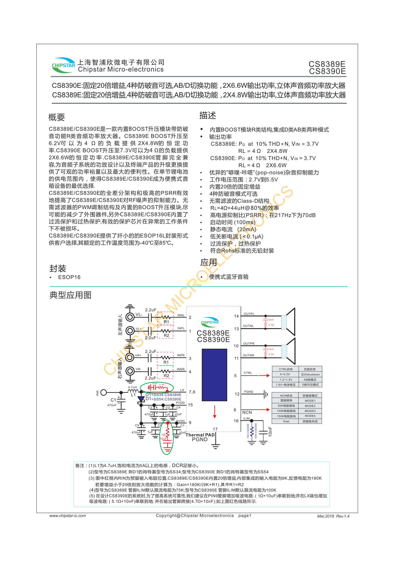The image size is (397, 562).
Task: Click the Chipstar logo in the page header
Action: [x=63, y=65]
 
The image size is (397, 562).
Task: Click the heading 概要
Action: [x=57, y=117]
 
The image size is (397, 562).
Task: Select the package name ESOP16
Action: [x=69, y=277]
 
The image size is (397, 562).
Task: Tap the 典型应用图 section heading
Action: [x=70, y=295]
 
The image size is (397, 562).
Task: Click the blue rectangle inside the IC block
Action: [x=214, y=375]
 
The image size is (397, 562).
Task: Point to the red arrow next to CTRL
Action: [x=264, y=376]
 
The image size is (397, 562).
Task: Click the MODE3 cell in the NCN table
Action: [x=310, y=411]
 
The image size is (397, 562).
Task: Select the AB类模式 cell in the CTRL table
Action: [x=310, y=380]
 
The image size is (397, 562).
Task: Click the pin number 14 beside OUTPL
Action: [x=236, y=316]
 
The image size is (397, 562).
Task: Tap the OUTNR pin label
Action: [x=248, y=355]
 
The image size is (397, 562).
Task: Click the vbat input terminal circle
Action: [x=104, y=392]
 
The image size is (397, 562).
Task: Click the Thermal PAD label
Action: [x=200, y=435]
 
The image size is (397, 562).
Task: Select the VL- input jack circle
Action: [x=130, y=317]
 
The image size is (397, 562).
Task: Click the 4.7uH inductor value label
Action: [x=132, y=387]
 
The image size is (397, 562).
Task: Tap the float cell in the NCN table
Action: [x=286, y=421]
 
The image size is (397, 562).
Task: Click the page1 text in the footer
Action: [x=245, y=516]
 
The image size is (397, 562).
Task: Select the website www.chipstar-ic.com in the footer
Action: [x=68, y=516]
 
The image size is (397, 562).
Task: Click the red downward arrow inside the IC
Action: [x=215, y=412]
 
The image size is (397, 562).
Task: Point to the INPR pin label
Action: [x=181, y=355]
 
